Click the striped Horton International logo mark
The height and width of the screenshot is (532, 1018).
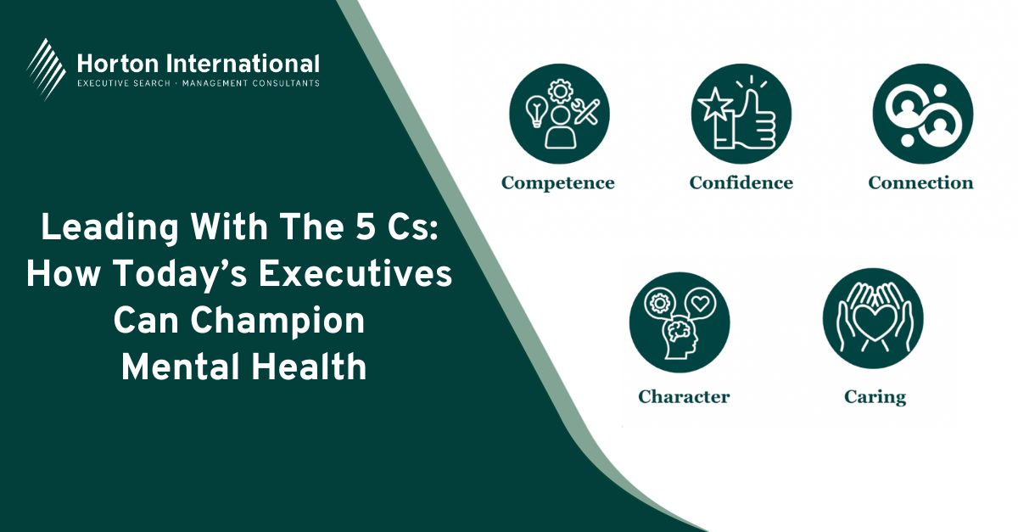coord(46,69)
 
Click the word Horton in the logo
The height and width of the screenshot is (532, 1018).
coord(117,64)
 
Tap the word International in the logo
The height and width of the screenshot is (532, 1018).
coord(243,64)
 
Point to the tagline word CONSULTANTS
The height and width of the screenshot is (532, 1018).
coord(286,83)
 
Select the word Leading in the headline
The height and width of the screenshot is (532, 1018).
coord(109,229)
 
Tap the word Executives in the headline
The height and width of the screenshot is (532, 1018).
coord(355,274)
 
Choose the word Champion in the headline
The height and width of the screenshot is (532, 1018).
coord(277,322)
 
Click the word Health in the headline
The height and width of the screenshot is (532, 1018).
coord(309,367)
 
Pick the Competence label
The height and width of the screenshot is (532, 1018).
coord(558,183)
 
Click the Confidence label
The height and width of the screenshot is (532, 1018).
coord(741,182)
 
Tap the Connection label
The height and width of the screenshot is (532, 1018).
coord(920,182)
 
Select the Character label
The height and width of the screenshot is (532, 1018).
coord(684,396)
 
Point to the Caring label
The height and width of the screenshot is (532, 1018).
coord(875,397)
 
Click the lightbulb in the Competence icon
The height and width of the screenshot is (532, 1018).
coord(536,111)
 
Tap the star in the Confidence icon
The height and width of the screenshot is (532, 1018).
coord(715,104)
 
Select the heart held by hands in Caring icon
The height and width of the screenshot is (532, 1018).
coord(873,322)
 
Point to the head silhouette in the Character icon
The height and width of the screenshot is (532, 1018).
coord(680,339)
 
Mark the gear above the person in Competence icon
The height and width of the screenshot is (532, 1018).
coord(561,92)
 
